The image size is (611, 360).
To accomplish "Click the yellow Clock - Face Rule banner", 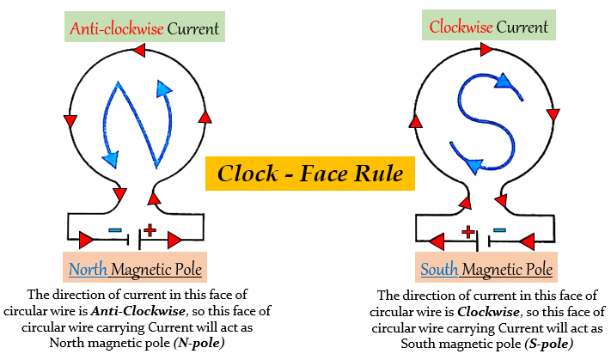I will tap(310, 174).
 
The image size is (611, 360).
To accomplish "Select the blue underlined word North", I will tap(89, 270).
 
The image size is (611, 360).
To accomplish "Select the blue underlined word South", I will tap(438, 270).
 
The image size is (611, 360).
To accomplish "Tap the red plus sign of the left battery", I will tap(150, 229).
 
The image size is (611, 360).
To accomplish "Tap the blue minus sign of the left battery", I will tap(117, 230).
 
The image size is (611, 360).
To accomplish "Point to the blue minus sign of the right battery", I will tap(500, 230).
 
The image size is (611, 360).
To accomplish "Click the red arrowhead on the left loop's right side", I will tap(204, 116).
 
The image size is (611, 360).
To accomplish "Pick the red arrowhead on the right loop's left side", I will tap(416, 121).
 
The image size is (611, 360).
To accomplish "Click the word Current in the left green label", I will tap(192, 27).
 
